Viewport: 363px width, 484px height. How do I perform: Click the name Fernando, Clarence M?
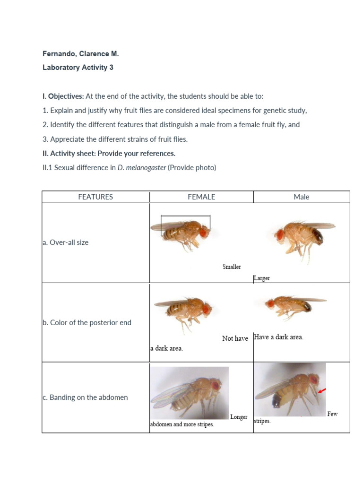point(80,54)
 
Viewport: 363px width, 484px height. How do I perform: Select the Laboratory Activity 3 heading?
point(78,68)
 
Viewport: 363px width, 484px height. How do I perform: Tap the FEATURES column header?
point(95,197)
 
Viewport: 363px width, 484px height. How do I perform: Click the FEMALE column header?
point(201,197)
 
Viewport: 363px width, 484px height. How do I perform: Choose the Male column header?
point(301,197)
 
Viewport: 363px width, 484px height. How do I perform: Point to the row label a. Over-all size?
point(65,242)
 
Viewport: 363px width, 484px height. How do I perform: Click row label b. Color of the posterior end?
point(86,323)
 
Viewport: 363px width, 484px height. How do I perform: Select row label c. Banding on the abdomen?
point(85,398)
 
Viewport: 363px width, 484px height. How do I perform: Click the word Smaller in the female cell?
point(232,267)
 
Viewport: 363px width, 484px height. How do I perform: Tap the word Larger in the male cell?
point(262,278)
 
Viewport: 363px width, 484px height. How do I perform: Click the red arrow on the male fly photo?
point(322,390)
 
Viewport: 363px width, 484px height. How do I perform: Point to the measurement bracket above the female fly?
point(185,216)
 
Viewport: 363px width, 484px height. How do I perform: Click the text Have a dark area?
point(278,337)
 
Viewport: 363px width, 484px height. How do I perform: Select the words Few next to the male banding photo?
point(332,414)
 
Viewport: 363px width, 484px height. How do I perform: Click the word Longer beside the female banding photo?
point(239,417)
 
